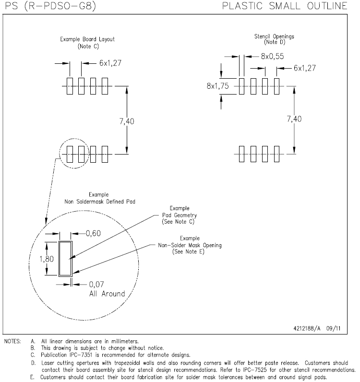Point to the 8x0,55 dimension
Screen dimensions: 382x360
[272, 56]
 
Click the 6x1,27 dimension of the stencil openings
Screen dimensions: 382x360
[305, 69]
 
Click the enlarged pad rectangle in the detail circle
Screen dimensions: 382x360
[64, 259]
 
